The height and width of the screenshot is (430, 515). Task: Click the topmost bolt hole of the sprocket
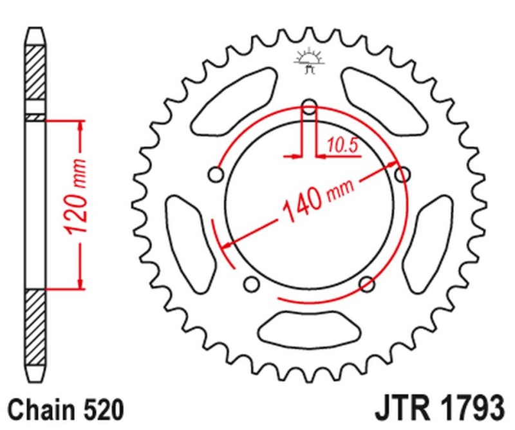pyautogui.click(x=308, y=106)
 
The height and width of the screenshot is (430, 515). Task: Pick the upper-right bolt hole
pyautogui.click(x=402, y=174)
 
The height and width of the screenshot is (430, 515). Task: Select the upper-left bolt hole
pyautogui.click(x=216, y=174)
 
